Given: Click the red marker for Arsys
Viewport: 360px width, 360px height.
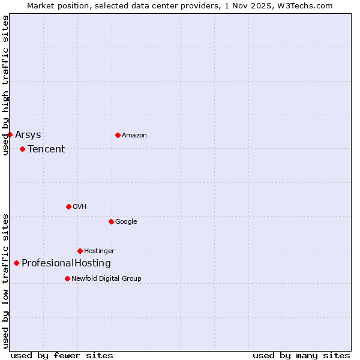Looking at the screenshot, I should tap(10, 134).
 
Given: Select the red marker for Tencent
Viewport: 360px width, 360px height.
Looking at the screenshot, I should tap(22, 149).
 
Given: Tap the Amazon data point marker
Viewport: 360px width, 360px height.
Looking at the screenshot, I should tap(118, 135).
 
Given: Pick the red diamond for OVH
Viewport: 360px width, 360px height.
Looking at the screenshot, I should tap(68, 206).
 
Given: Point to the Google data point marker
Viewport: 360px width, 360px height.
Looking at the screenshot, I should tap(111, 221).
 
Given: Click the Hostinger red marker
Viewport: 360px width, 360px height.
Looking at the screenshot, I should tap(80, 251).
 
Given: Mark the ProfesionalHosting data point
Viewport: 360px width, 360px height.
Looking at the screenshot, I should tap(16, 263).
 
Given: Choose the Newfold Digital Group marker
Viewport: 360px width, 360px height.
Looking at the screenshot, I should tap(67, 278).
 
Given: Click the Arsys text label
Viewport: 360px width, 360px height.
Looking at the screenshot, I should tap(28, 134).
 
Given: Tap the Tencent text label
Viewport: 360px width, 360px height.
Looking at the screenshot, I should tap(46, 149).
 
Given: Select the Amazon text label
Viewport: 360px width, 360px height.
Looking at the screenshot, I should tap(134, 135).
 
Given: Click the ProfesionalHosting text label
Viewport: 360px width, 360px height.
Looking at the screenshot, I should tap(66, 263).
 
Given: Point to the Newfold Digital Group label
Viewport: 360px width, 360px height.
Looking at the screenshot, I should tap(107, 278).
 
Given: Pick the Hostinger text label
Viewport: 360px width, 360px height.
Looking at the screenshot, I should tap(99, 251).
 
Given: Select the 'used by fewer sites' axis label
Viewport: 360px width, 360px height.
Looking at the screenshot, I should tap(62, 355).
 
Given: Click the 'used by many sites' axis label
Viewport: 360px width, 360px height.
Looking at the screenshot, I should tap(301, 355).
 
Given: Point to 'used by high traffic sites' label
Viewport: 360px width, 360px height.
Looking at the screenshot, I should tap(5, 85).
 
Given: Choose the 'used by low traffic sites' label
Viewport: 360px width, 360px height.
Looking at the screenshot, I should tap(5, 280).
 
